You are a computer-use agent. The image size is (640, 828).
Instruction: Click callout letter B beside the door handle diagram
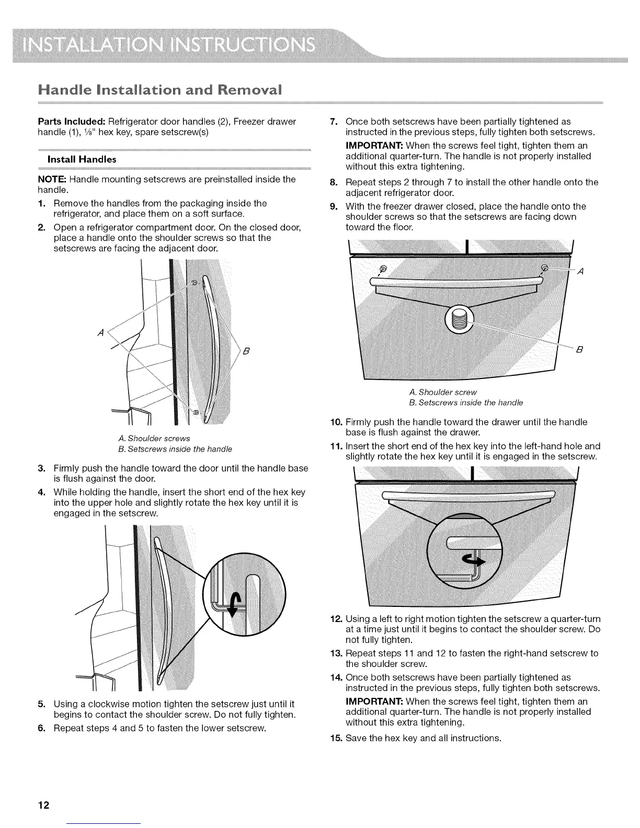click(247, 351)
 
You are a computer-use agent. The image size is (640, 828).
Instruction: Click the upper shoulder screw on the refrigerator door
click(195, 283)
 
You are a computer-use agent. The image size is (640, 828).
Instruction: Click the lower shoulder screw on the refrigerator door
click(196, 413)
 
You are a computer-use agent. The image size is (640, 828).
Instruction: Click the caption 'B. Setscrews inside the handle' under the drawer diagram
click(465, 402)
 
